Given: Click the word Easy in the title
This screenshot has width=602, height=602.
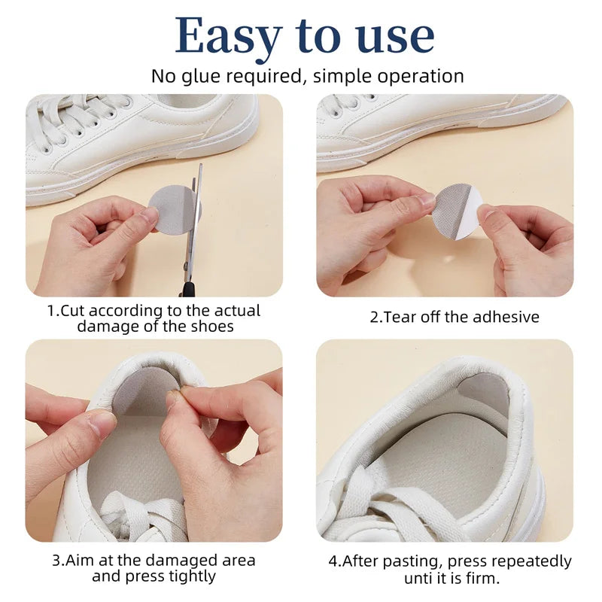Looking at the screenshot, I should (x=228, y=36).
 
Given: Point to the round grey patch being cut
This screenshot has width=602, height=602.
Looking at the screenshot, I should (x=170, y=210).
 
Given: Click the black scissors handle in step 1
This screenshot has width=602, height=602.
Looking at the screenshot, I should (x=186, y=287).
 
